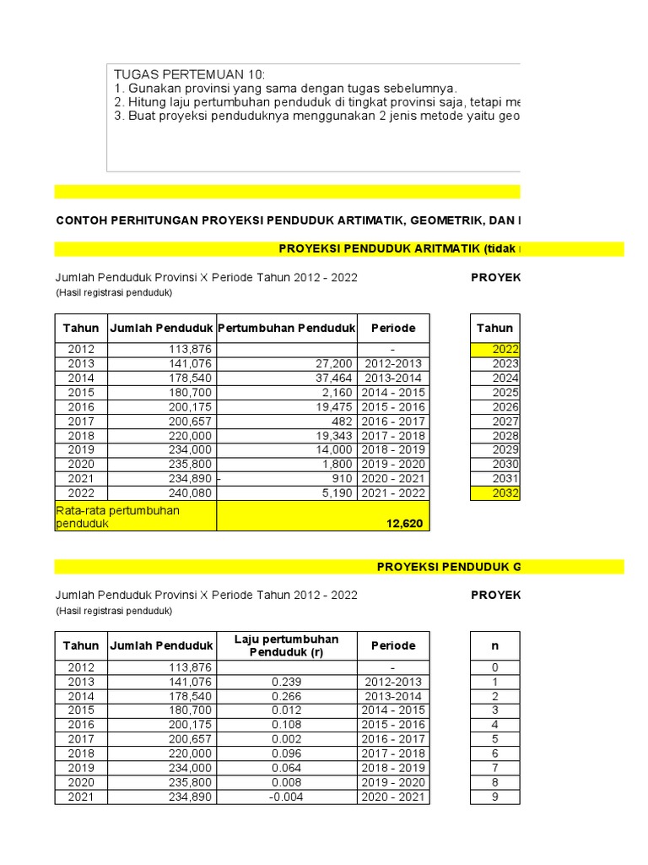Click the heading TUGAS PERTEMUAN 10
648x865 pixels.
click(189, 74)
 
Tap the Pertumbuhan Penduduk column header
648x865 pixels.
click(287, 328)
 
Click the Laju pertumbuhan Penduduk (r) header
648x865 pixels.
click(287, 645)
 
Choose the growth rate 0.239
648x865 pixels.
click(287, 682)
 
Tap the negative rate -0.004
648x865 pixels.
click(287, 797)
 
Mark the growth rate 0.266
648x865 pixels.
click(287, 696)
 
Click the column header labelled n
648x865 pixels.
click(494, 645)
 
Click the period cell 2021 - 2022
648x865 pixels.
click(393, 492)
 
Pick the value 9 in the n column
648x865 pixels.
click(494, 797)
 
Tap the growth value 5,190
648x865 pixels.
click(337, 492)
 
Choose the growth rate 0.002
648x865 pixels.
click(287, 739)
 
